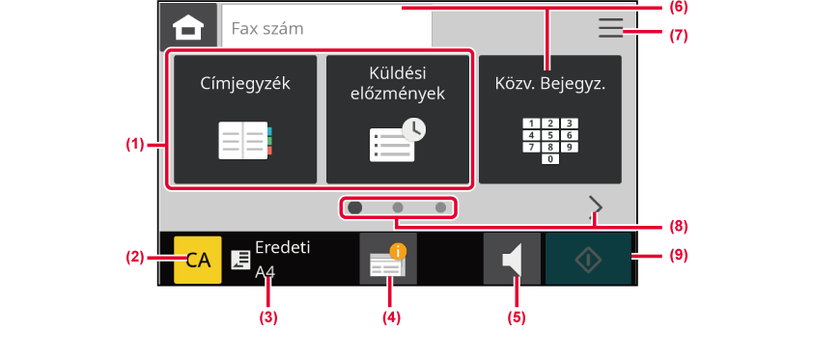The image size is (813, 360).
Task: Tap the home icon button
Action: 188,26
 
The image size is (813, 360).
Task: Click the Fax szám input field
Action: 326,28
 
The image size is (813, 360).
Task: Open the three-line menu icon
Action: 610,28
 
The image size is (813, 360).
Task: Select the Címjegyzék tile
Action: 245,120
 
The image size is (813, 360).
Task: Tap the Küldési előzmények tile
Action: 397,120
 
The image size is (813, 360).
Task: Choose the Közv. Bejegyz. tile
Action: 550,120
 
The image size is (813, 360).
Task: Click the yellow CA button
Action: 198,260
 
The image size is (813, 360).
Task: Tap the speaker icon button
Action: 512,259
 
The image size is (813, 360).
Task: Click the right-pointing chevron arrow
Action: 597,207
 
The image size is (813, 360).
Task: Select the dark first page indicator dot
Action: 355,208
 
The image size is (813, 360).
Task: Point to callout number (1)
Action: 135,145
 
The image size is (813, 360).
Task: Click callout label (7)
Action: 678,36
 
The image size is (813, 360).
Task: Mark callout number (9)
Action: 678,256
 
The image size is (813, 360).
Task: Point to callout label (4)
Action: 391,318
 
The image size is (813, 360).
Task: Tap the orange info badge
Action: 398,252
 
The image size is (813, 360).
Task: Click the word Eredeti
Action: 283,248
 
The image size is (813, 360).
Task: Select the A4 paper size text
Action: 265,271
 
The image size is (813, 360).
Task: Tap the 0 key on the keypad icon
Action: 550,159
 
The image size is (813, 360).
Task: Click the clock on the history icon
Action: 414,130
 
